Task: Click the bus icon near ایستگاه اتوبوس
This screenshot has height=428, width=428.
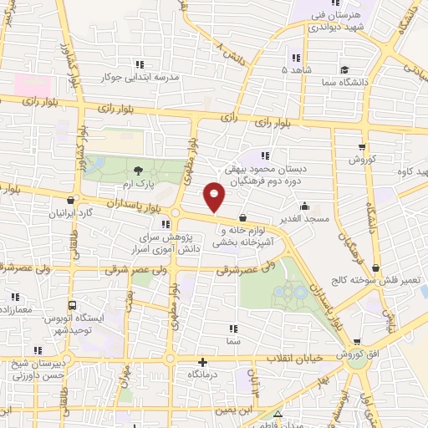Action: [x=72, y=304]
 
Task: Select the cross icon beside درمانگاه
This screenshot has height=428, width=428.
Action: [x=201, y=362]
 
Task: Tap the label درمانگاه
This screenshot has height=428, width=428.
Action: [x=201, y=375]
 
